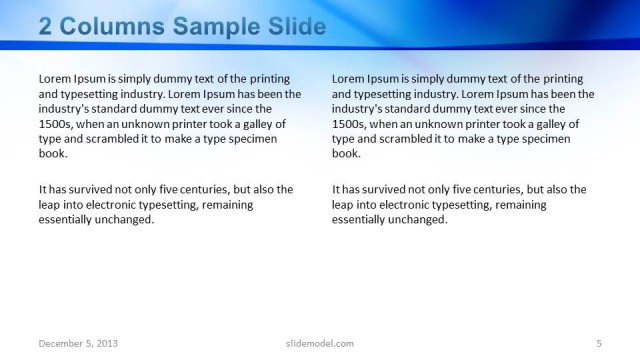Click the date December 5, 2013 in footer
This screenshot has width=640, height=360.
pyautogui.click(x=78, y=343)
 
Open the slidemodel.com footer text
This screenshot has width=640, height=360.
pyautogui.click(x=313, y=343)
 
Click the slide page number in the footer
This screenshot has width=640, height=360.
pyautogui.click(x=598, y=343)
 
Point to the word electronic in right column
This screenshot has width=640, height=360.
pyautogui.click(x=409, y=204)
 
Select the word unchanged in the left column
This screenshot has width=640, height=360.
pyautogui.click(x=126, y=219)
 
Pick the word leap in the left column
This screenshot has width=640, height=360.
pyautogui.click(x=51, y=204)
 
